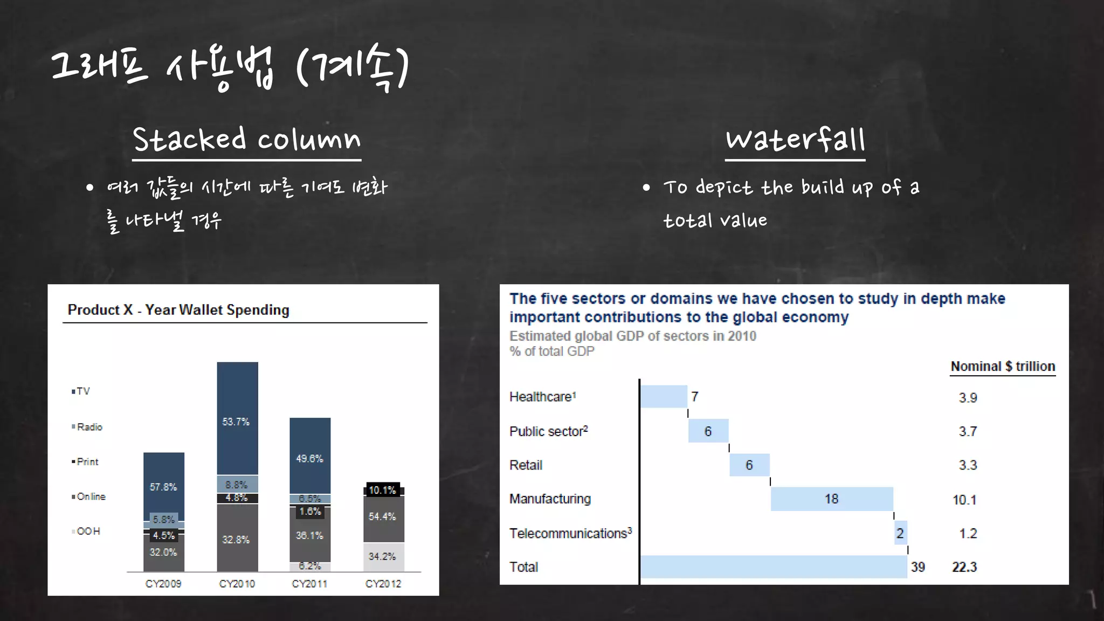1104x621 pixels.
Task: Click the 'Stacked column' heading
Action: (246, 139)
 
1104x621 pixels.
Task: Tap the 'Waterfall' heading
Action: (795, 139)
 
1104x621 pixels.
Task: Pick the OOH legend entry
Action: (86, 532)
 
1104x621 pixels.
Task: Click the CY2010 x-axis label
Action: (237, 584)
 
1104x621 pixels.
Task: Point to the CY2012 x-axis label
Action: (383, 584)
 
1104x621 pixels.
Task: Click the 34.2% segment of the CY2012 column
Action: (383, 557)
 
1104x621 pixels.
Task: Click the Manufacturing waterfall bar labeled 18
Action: (832, 499)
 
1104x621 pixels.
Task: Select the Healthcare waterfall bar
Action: (664, 397)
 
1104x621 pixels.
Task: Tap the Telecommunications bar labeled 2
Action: (900, 533)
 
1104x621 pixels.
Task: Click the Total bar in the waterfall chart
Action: (774, 567)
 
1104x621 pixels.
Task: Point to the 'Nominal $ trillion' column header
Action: (1003, 367)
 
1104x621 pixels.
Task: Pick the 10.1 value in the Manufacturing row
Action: (964, 500)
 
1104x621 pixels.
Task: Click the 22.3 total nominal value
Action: (964, 567)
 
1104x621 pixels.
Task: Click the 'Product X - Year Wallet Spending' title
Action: (178, 310)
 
